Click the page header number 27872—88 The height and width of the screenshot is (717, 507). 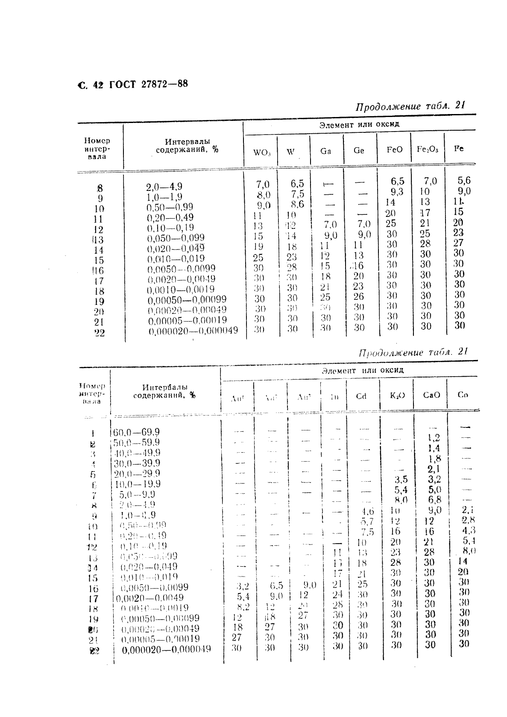(x=164, y=84)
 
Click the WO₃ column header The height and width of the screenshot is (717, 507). (x=262, y=152)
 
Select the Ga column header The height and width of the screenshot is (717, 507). (x=325, y=151)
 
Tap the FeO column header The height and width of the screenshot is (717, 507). (x=394, y=150)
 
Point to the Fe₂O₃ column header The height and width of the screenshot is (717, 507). (x=428, y=149)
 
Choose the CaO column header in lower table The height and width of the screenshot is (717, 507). (x=431, y=395)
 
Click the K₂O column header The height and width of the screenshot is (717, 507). (x=397, y=395)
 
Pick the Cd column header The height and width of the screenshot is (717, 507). (x=361, y=396)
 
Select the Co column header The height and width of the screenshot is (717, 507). (x=463, y=395)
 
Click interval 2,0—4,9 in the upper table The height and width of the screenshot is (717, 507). (x=164, y=187)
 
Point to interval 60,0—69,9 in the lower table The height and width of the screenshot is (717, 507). (x=136, y=433)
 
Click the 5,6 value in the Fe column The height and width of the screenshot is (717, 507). (x=464, y=180)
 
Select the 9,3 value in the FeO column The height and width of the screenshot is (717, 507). (x=397, y=192)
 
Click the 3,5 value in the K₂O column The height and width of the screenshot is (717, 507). (x=401, y=479)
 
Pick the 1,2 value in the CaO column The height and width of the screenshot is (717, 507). (x=434, y=438)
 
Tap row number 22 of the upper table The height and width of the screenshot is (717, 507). (x=99, y=333)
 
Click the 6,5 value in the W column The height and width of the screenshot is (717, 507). (x=297, y=184)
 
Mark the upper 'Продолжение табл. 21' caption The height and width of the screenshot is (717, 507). (x=410, y=106)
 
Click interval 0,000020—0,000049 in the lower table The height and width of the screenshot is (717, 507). (x=166, y=650)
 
